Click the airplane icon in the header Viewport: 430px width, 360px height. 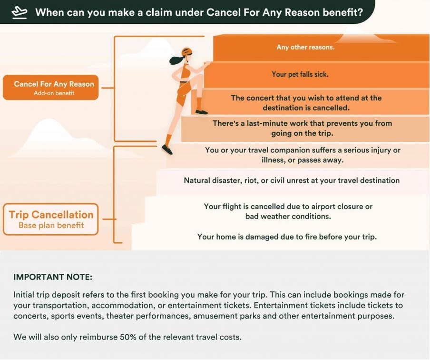coord(19,13)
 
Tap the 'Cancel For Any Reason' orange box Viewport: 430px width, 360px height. coord(51,87)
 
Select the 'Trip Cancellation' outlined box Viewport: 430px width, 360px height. coord(51,219)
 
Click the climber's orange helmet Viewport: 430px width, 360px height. coord(187,51)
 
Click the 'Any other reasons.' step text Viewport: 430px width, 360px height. coord(305,47)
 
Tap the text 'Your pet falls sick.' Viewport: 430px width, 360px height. coord(300,74)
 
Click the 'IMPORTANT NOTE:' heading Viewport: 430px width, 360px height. coord(53,277)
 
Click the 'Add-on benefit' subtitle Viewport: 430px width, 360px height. coord(54,93)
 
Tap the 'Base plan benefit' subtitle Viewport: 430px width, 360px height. coord(51,225)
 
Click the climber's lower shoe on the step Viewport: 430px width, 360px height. coord(167,150)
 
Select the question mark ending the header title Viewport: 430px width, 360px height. coord(360,12)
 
